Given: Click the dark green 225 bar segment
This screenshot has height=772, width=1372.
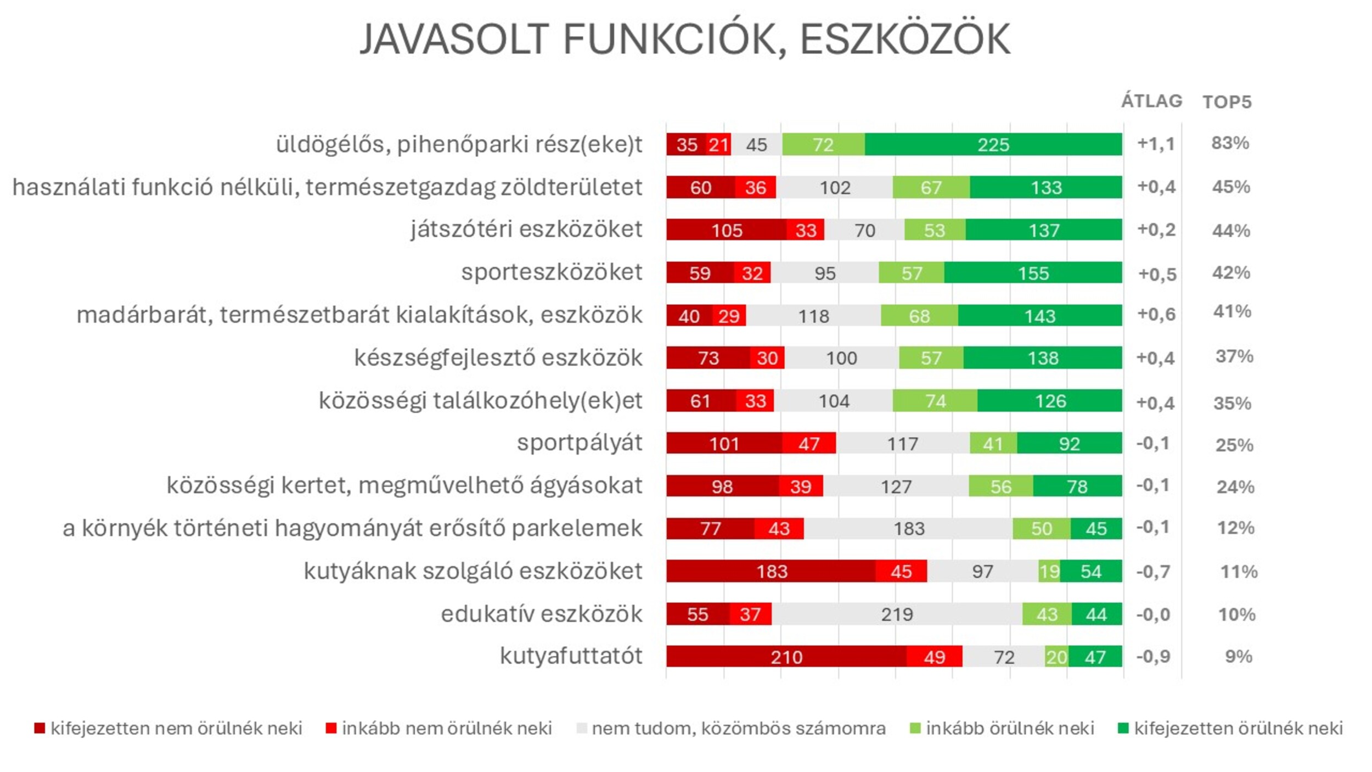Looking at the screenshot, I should [993, 144].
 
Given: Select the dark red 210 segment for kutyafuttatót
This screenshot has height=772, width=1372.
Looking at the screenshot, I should [786, 657].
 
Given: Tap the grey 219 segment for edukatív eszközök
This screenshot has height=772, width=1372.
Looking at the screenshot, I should [897, 614].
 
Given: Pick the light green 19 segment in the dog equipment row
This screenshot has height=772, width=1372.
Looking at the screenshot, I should [1049, 572].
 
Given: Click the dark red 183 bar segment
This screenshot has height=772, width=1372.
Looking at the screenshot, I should [771, 572].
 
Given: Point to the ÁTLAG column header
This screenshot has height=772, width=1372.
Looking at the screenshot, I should [1151, 101].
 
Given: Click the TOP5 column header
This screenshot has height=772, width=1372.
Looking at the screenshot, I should [1227, 102].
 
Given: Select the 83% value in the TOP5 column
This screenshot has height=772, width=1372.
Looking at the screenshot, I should [1230, 143].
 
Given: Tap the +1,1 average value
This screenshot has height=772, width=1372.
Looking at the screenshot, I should [1156, 144].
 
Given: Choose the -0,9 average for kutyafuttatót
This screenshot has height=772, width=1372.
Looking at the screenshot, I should [1153, 657].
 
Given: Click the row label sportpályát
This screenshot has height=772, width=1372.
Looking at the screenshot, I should [579, 443].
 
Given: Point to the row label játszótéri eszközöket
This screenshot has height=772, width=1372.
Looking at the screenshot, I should [526, 230].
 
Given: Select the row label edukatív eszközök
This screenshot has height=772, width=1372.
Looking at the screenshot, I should [541, 614].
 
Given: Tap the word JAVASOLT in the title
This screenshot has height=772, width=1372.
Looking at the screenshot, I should [454, 40].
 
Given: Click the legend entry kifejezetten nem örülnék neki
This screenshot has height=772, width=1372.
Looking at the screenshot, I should [176, 729].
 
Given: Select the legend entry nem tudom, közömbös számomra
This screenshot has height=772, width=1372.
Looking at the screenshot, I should [738, 729].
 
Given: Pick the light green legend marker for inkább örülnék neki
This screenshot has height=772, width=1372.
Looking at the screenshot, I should [915, 729].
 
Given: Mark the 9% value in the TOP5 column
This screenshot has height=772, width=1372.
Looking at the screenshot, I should [1238, 657].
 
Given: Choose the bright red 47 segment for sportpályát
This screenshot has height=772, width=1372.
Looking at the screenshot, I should [808, 443].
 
